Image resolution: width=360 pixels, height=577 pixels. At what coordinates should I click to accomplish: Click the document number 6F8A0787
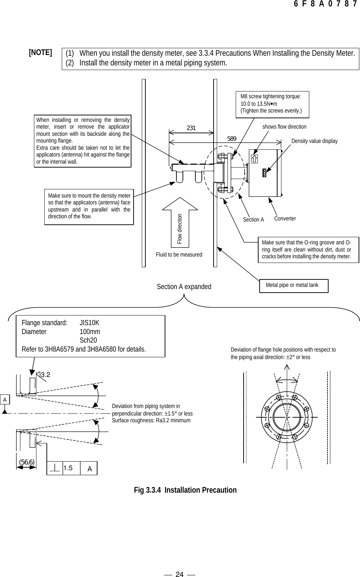click(325, 4)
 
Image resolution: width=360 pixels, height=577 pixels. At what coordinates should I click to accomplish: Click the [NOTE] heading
click(40, 53)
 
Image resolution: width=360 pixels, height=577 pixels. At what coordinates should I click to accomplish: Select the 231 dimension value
click(191, 128)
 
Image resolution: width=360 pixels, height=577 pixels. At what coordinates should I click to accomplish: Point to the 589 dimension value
click(232, 139)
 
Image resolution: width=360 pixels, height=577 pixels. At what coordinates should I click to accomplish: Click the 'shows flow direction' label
click(284, 127)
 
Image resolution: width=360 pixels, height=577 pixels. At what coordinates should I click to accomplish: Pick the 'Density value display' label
click(314, 141)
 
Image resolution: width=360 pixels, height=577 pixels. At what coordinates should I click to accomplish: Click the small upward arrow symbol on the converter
click(254, 159)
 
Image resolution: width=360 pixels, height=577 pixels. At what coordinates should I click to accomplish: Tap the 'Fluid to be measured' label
click(179, 255)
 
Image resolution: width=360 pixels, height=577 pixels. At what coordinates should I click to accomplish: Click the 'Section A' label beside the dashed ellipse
click(253, 220)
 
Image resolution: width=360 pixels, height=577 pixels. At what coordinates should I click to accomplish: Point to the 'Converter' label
click(285, 218)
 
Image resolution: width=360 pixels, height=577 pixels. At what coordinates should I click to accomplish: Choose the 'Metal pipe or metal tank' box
click(293, 285)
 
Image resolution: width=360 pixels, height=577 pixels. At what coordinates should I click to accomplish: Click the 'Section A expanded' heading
click(184, 287)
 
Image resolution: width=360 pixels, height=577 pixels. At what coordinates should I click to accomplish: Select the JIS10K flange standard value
click(89, 323)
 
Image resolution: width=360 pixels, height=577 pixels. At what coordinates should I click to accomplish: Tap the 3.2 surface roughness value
click(45, 375)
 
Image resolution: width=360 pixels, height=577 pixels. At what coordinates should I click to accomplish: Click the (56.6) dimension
click(27, 462)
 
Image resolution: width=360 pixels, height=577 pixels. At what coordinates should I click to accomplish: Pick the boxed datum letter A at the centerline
click(5, 399)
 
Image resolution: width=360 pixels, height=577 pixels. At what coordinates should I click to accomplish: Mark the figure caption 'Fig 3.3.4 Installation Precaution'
click(185, 490)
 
